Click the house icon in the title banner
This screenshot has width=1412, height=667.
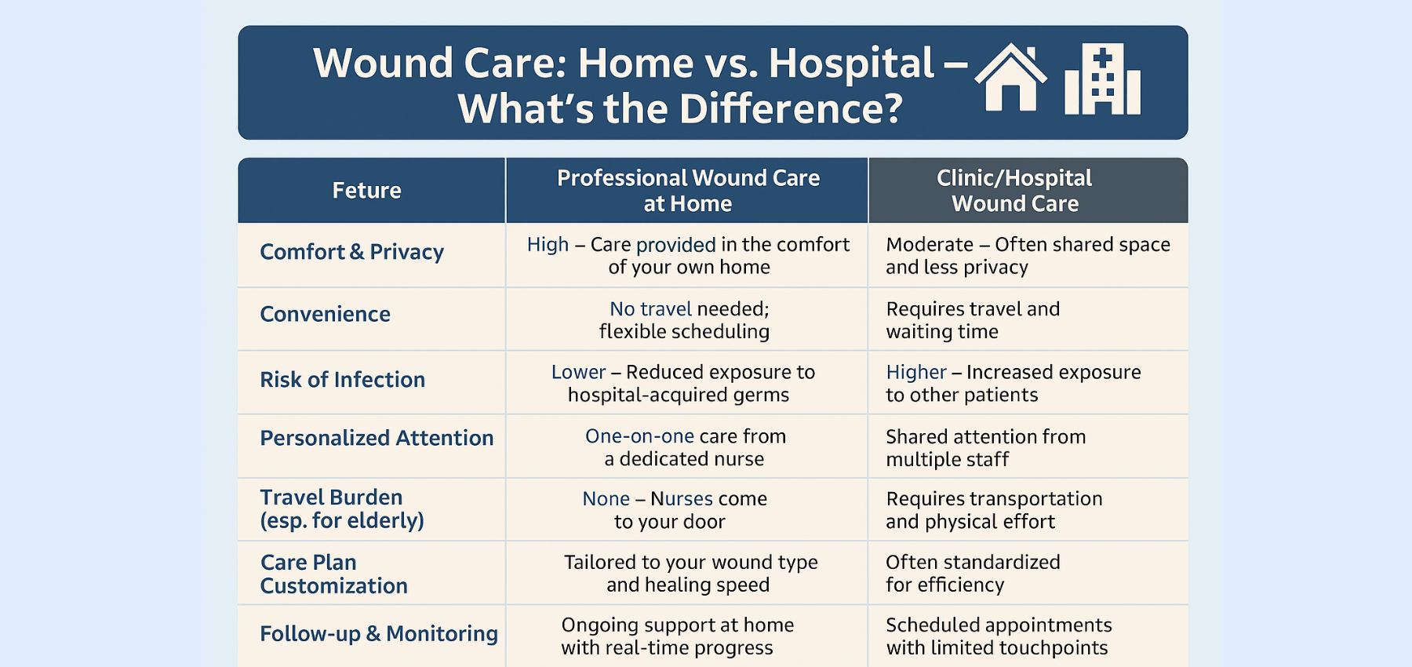[1010, 79]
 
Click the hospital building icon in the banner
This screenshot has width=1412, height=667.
[1102, 80]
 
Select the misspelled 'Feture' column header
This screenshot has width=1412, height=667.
[366, 191]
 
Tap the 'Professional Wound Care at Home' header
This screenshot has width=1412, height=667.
[688, 191]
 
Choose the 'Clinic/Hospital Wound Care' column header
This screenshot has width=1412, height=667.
[1014, 191]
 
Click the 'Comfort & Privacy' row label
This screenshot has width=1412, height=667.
[351, 252]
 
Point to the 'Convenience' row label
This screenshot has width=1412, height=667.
[325, 315]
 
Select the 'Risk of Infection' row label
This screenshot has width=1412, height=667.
[342, 380]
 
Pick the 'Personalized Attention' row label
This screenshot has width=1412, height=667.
[377, 438]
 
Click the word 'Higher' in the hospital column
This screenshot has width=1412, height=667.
[916, 372]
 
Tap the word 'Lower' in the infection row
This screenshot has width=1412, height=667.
[578, 372]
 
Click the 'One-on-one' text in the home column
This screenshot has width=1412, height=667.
[639, 436]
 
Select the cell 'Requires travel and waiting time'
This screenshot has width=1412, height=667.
[973, 320]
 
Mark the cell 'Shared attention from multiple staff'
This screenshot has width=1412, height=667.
[985, 447]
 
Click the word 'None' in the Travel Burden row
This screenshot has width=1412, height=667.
[606, 499]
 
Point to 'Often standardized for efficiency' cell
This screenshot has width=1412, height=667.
[973, 574]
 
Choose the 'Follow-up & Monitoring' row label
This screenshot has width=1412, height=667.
[379, 634]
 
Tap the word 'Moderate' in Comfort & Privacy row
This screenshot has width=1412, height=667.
[929, 245]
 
